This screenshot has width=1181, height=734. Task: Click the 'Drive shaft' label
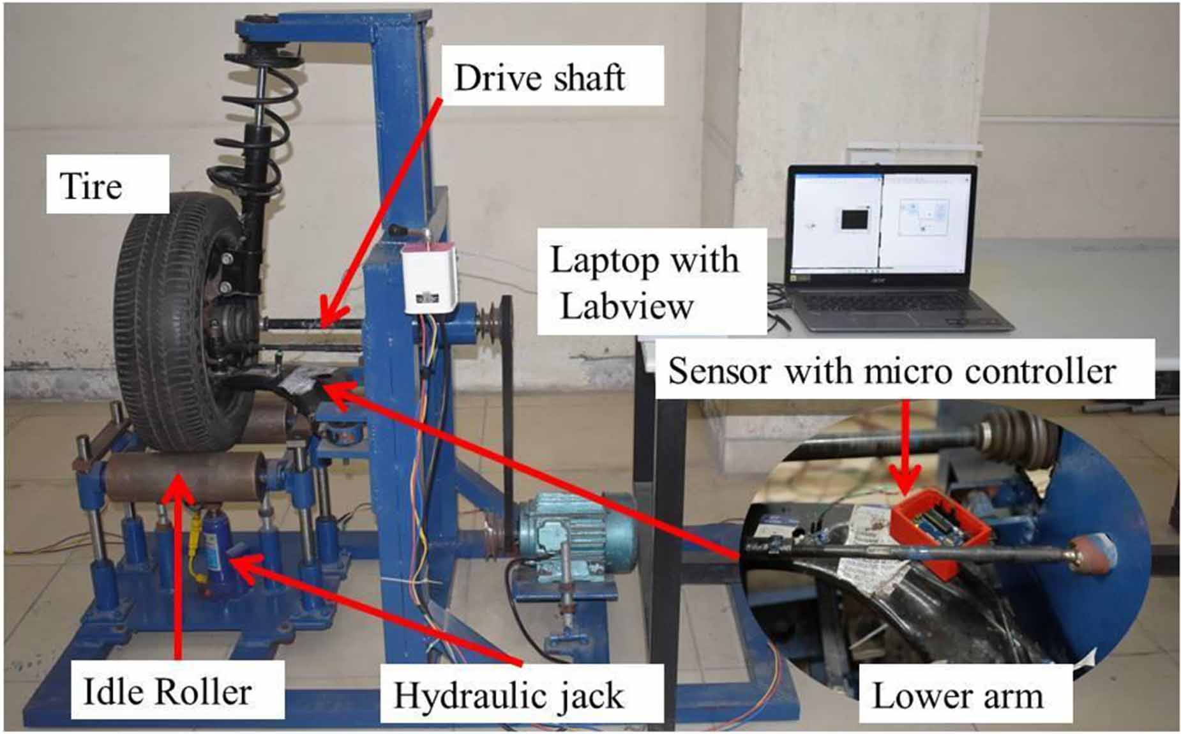[539, 78]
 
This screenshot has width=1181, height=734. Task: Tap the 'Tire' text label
[91, 186]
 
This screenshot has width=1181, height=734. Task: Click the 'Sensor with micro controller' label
[892, 371]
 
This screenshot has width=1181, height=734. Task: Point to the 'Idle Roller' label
[168, 692]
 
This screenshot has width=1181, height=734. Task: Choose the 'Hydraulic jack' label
[508, 695]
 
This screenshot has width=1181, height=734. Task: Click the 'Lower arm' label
[957, 695]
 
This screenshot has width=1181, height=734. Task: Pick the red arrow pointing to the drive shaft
[383, 204]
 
